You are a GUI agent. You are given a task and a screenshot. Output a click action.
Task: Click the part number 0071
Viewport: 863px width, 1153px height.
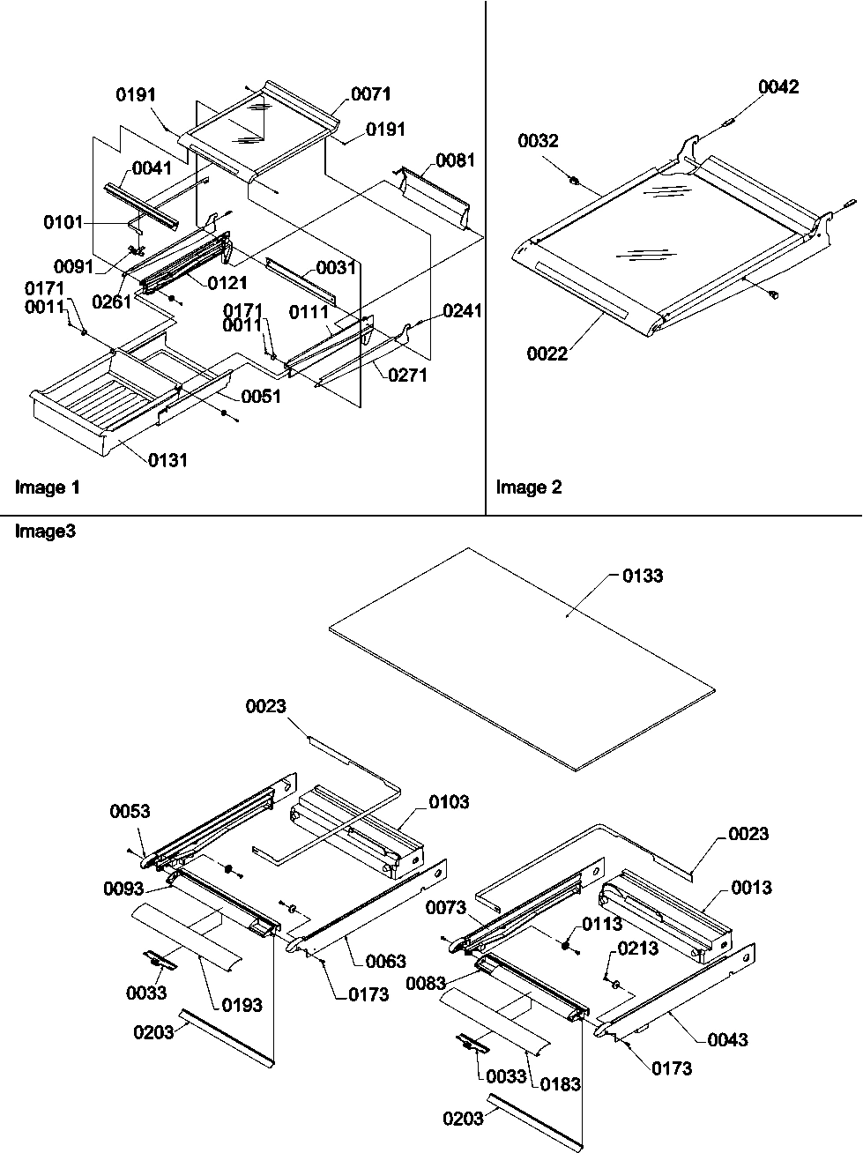(x=370, y=94)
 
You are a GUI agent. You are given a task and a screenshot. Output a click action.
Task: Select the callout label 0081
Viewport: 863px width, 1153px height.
(x=455, y=160)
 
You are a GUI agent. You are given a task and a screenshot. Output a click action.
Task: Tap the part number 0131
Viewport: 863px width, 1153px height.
(x=168, y=459)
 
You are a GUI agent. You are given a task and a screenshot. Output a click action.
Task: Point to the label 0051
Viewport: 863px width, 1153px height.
(x=261, y=396)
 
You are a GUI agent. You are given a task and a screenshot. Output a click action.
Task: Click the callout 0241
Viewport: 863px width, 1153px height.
(x=463, y=310)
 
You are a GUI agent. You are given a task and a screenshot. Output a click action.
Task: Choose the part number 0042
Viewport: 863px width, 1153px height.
(x=779, y=86)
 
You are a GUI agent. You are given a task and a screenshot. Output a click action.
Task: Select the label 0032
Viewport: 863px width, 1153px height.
(x=538, y=141)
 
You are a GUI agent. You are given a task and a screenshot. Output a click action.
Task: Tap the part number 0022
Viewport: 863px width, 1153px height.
(x=547, y=353)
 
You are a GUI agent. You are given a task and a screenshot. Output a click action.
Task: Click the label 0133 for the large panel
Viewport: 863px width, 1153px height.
(x=643, y=576)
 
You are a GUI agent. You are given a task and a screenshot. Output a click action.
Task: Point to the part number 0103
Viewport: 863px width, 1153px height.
(x=450, y=802)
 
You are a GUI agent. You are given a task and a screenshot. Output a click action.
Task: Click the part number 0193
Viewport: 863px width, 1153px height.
(x=242, y=1004)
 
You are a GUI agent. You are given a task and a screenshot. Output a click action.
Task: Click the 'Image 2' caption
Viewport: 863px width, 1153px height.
(x=529, y=487)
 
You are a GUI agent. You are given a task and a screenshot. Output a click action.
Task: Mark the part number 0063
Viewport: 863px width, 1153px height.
(x=386, y=961)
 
